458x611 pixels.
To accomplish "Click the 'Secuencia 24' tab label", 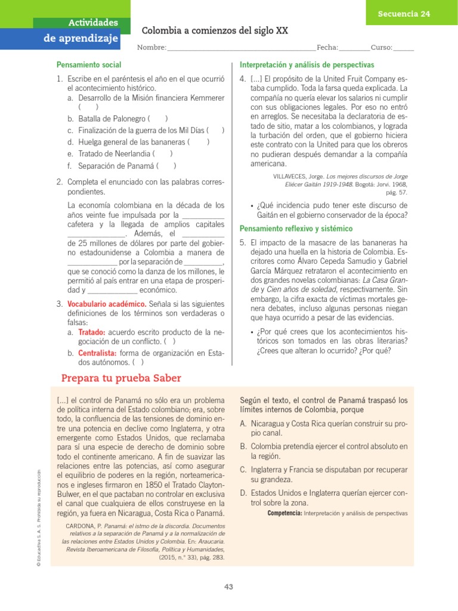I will (404, 14).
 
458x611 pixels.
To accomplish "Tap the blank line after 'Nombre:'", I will (242, 48).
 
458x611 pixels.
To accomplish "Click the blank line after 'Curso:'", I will (404, 48).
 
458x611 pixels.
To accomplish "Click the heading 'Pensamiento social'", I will (89, 64).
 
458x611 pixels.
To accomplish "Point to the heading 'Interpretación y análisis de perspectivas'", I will (307, 64).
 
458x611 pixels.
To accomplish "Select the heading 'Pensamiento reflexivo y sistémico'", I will (296, 229).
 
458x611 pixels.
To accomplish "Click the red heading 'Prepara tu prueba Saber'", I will (122, 379).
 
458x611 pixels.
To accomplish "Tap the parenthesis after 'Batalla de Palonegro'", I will (158, 119).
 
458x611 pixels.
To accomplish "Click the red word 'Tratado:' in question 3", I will (92, 332).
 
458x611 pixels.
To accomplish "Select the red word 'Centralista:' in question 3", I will (98, 353).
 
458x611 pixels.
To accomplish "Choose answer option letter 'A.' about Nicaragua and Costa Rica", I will (244, 424).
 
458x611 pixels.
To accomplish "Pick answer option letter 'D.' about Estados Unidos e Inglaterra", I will (245, 493).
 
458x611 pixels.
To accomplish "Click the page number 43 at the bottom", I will (228, 587).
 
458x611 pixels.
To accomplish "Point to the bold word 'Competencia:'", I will (285, 513).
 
